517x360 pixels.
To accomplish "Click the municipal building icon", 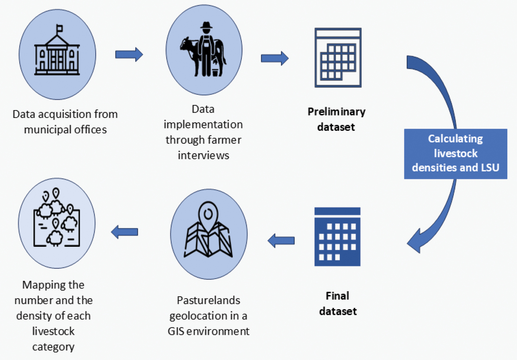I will [57, 54].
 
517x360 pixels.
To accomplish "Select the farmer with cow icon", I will [203, 50].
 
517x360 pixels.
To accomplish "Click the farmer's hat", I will [206, 25].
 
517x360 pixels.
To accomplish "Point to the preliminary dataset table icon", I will [338, 58].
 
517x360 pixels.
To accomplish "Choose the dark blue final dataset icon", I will [337, 237].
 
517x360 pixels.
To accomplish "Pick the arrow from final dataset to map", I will [281, 240].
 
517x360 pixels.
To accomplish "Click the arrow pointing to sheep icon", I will [124, 232].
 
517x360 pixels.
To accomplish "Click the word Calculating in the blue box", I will [455, 139].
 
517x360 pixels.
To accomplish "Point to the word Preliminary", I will [337, 112].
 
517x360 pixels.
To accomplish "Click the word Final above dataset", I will [337, 296].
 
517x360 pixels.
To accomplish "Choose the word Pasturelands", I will [208, 300].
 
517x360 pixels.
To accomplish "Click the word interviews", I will [203, 155].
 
